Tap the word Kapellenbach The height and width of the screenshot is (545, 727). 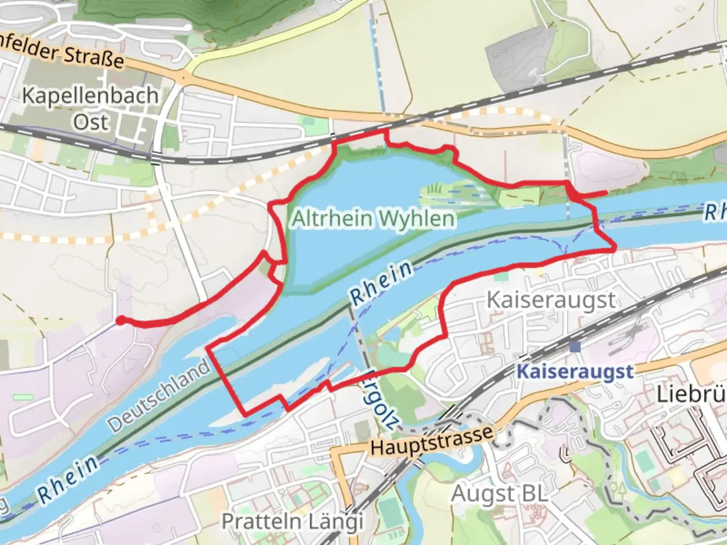pyautogui.click(x=90, y=95)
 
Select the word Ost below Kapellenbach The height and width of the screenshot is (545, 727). pyautogui.click(x=91, y=122)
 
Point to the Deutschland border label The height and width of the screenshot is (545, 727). pyautogui.click(x=159, y=396)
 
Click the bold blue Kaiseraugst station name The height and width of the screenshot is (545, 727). pyautogui.click(x=575, y=372)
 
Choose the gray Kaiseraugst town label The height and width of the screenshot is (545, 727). pyautogui.click(x=551, y=300)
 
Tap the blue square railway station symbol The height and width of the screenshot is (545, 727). pyautogui.click(x=575, y=347)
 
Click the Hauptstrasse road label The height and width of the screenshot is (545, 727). pyautogui.click(x=432, y=441)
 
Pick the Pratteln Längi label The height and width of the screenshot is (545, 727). pyautogui.click(x=292, y=521)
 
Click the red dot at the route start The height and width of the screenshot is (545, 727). pyautogui.click(x=121, y=320)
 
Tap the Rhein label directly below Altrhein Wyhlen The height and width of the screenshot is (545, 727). pyautogui.click(x=382, y=283)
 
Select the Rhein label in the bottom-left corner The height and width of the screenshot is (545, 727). pyautogui.click(x=68, y=478)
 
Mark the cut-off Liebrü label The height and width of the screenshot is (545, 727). pyautogui.click(x=692, y=395)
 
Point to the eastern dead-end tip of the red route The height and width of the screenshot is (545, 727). pyautogui.click(x=605, y=192)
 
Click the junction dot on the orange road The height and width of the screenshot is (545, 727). pyautogui.click(x=183, y=77)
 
